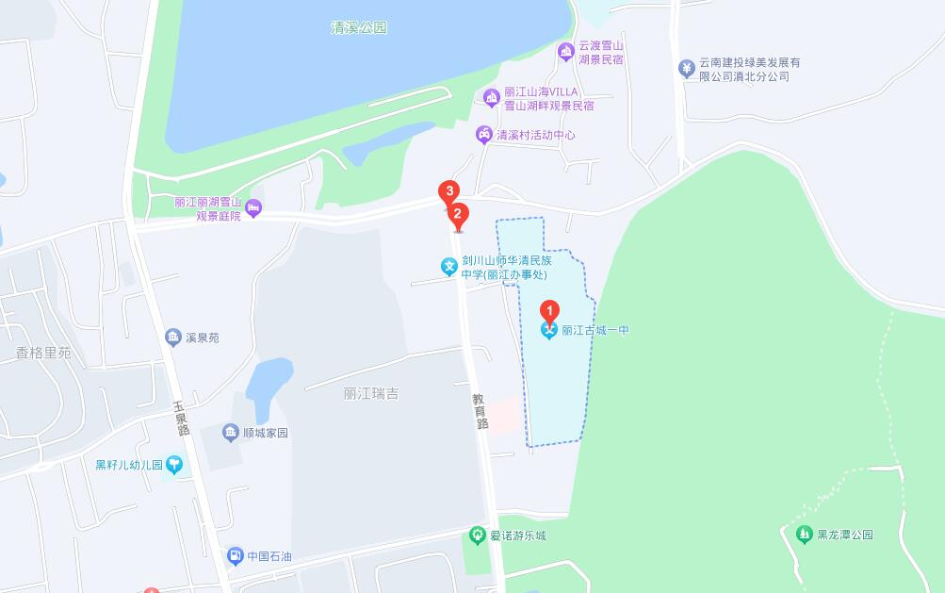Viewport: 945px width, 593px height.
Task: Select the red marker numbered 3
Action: [449, 192]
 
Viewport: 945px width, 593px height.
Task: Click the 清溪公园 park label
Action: [359, 28]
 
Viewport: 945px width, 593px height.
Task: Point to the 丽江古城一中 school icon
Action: [549, 331]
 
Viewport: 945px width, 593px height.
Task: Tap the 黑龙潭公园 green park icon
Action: [804, 535]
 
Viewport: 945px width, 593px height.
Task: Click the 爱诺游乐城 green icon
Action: [478, 535]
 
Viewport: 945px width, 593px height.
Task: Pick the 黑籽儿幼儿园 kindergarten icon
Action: [174, 465]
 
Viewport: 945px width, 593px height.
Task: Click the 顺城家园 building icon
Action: [231, 433]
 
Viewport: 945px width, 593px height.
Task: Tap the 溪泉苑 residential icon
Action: [172, 338]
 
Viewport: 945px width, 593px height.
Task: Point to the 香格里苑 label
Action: [43, 354]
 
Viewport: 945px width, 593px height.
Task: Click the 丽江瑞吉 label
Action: [371, 394]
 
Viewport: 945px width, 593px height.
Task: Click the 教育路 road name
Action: [481, 411]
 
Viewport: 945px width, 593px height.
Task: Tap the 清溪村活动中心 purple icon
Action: [484, 135]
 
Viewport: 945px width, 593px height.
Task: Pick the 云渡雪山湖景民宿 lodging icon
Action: [565, 52]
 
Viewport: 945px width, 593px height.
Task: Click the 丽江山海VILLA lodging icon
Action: [491, 97]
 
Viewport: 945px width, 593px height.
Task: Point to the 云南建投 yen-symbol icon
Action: [686, 68]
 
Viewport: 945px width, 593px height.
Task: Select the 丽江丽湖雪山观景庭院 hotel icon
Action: [253, 207]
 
